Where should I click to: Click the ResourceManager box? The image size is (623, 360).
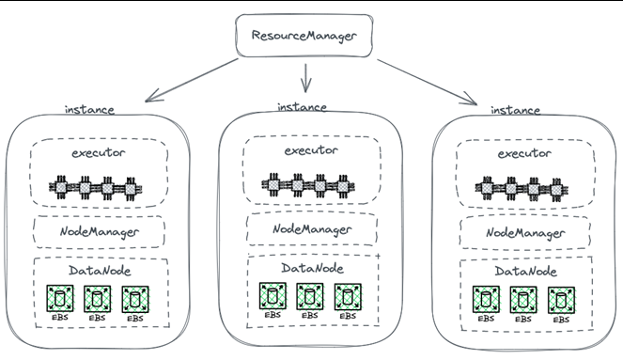304,36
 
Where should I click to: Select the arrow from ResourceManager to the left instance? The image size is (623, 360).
192,80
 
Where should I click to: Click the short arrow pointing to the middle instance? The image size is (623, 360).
305,78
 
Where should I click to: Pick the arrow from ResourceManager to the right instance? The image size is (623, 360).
428,83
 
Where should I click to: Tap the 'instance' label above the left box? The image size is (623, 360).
89,110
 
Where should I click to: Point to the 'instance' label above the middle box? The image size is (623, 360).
302,107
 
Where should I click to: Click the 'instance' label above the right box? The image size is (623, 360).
515,110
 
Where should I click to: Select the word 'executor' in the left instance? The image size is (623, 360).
98,153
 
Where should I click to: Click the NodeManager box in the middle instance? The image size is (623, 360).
312,228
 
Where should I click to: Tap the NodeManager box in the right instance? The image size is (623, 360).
525,232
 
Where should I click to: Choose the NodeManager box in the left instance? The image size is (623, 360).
99,231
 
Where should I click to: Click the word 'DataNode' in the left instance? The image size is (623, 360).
100,271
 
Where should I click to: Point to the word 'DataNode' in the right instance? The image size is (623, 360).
525,272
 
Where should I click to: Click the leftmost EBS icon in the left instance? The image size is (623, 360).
59,298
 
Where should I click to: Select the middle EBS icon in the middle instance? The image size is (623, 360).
310,296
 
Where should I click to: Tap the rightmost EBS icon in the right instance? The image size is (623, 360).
561,300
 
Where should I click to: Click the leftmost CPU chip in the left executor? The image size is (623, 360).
61,187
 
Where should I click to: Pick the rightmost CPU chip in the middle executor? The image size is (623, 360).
343,185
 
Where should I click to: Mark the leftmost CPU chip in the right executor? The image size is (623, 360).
488,188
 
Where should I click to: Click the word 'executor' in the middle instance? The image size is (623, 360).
311,150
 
